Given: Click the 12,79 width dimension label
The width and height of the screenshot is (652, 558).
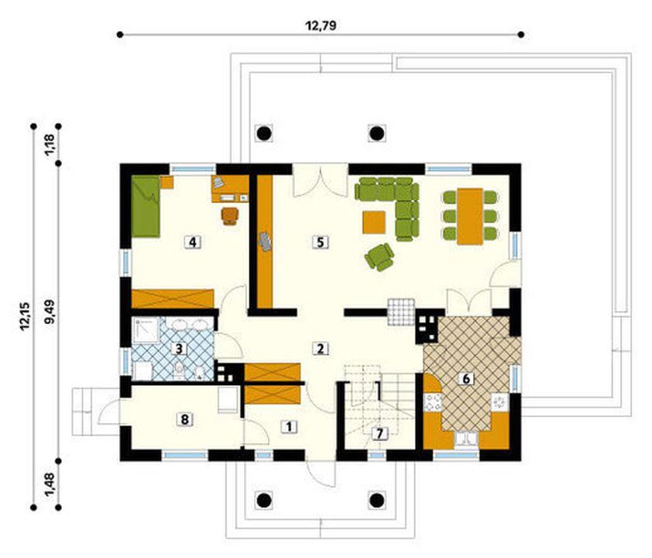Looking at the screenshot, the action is coord(321,26).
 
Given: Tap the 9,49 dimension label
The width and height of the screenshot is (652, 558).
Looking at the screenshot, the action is coord(51,312).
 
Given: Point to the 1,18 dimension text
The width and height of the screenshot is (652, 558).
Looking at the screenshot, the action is coord(51,145).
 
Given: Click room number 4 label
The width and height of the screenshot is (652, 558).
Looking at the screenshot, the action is coord(193,242).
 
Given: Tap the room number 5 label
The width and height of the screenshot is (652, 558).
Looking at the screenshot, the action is coord(320,242).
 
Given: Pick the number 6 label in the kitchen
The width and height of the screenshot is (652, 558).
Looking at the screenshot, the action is coord(465,379).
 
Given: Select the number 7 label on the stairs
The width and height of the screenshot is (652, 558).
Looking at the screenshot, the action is coord(379,433).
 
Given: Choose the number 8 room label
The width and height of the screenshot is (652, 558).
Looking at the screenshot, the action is coord(184,419).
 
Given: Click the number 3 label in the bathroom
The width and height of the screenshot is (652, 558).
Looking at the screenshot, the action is coord(179,348).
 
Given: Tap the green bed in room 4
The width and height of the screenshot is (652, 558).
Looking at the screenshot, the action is coord(146,206).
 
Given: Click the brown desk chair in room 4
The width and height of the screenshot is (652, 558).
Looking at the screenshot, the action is coord(230,216).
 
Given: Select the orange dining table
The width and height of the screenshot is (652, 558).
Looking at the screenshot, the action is coord(470,216).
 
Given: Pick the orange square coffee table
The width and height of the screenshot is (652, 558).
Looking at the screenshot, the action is coord(374,222).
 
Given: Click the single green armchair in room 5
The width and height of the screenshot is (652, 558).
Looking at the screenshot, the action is coord(379,257).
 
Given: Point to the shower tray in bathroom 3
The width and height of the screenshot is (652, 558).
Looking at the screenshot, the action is coord(145,330).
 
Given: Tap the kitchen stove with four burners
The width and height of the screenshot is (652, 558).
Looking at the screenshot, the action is coord(432,402).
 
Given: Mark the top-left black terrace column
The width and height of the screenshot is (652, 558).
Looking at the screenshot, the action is coord(263,133).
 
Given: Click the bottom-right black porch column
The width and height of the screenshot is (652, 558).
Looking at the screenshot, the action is coord(377,500).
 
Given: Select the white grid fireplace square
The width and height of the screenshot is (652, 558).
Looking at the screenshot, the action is coord(401,312).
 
